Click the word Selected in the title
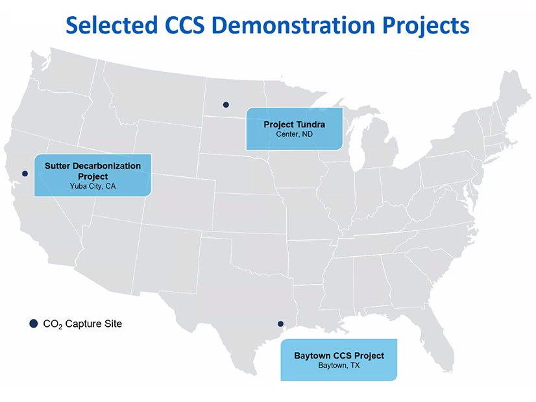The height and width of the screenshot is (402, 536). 112,25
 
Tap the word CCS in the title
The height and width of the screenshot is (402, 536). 184,25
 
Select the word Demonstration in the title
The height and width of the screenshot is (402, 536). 293,25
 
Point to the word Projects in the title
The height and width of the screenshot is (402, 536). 426,26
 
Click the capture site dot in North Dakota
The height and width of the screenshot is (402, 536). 226,104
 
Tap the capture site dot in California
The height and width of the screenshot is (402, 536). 25,174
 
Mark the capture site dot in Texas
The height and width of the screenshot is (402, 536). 280,324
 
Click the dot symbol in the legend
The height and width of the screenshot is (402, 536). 34,324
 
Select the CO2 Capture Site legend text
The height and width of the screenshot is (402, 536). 82,324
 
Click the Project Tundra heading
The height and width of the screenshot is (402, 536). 295,124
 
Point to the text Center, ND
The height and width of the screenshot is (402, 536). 295,134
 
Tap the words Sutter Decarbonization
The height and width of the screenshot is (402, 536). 93,165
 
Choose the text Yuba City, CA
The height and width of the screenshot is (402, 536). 93,186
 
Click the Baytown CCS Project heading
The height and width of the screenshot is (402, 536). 339,355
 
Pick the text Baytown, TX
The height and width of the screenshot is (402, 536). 339,366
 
